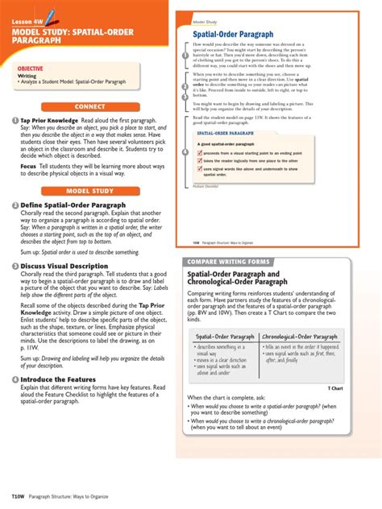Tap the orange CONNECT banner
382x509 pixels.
pyautogui.click(x=89, y=106)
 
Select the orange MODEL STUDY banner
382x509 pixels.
pyautogui.click(x=89, y=190)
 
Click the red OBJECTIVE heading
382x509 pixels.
pyautogui.click(x=31, y=69)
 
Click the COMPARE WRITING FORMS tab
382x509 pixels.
pyautogui.click(x=227, y=263)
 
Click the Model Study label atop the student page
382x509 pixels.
pyautogui.click(x=205, y=21)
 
